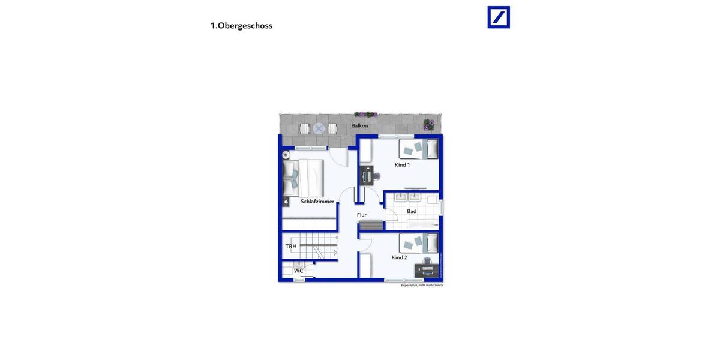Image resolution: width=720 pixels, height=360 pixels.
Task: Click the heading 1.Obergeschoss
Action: click(241, 26)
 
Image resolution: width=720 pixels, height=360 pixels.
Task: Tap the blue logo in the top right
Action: click(498, 17)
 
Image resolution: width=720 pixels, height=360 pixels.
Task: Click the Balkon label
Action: click(359, 125)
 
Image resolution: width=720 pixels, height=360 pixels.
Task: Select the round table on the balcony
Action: click(318, 128)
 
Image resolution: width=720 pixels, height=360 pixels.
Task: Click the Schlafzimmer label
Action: click(317, 202)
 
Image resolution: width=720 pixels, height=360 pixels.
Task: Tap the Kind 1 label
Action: click(402, 164)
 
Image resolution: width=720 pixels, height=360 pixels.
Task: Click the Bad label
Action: click(412, 211)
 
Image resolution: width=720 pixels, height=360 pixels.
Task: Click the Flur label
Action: click(362, 215)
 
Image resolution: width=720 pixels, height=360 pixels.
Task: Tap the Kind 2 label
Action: click(400, 257)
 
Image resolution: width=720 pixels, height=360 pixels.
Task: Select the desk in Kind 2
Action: click(426, 270)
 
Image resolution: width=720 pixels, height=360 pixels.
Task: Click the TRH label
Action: click(291, 247)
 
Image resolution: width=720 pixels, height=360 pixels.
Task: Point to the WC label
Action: click(298, 271)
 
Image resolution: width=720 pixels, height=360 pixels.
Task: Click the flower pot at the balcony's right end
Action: click(428, 124)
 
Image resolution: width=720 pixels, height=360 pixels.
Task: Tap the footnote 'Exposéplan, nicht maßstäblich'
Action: click(422, 286)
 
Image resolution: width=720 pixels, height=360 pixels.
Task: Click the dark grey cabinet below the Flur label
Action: click(370, 226)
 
